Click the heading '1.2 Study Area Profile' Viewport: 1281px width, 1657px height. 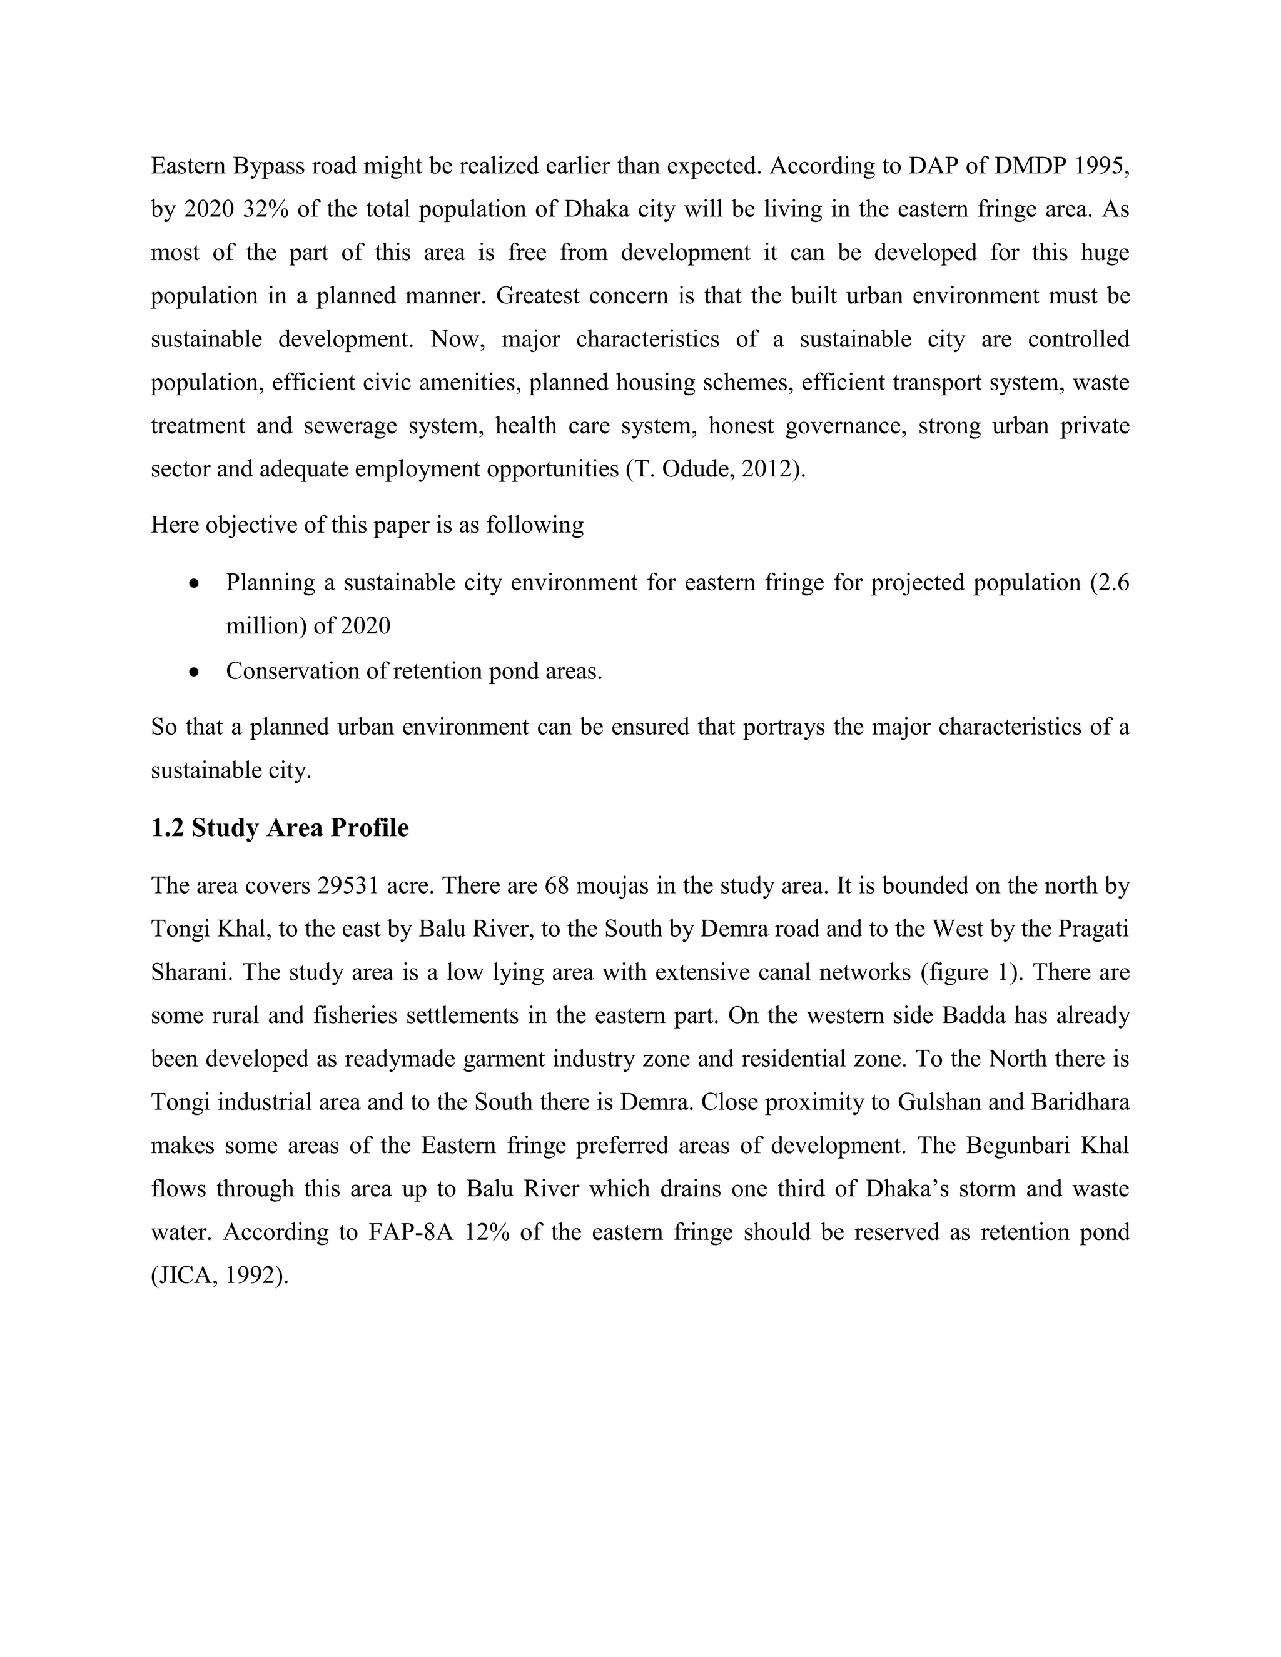point(279,828)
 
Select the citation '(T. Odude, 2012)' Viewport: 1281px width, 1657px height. point(714,469)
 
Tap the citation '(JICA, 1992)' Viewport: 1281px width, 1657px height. point(220,1276)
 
